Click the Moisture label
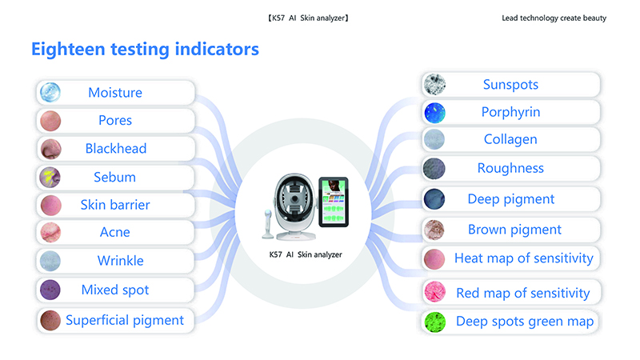tap(115, 93)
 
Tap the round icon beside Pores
tap(50, 121)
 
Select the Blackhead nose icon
tap(50, 149)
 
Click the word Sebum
tap(114, 177)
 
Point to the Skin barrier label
tap(115, 205)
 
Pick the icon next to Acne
tap(50, 233)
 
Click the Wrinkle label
tap(121, 261)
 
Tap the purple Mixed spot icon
tap(50, 290)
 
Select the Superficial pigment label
tap(125, 321)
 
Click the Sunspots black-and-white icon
tap(434, 85)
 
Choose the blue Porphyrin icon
tap(434, 113)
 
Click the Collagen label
tap(510, 139)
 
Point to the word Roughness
tap(510, 168)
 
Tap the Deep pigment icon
tap(434, 199)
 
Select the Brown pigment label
tap(514, 230)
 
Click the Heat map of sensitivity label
tap(524, 258)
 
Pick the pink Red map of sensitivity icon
tap(434, 291)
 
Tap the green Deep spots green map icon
tap(434, 322)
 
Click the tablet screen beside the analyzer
tap(334, 202)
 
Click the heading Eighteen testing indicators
tap(145, 50)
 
